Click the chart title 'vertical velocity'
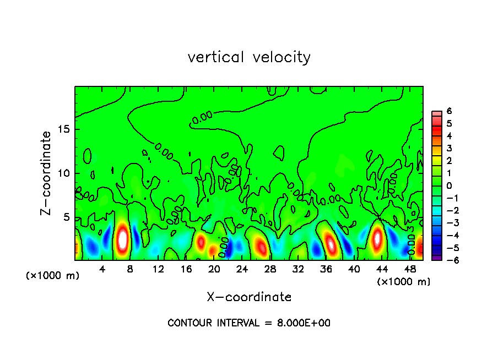tap(249, 57)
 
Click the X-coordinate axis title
tap(249, 297)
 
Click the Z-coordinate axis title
tap(47, 173)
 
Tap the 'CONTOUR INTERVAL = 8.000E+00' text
tap(249, 323)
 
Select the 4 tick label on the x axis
tap(102, 269)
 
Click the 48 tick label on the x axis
tap(410, 269)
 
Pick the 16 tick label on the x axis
tap(186, 269)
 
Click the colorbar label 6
tap(449, 111)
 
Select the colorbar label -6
tap(447, 261)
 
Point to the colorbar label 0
tap(449, 186)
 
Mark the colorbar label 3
tap(449, 148)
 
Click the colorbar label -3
tap(447, 223)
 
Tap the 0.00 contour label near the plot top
tap(202, 117)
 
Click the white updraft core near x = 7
tap(123, 239)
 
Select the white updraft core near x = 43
tap(377, 239)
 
